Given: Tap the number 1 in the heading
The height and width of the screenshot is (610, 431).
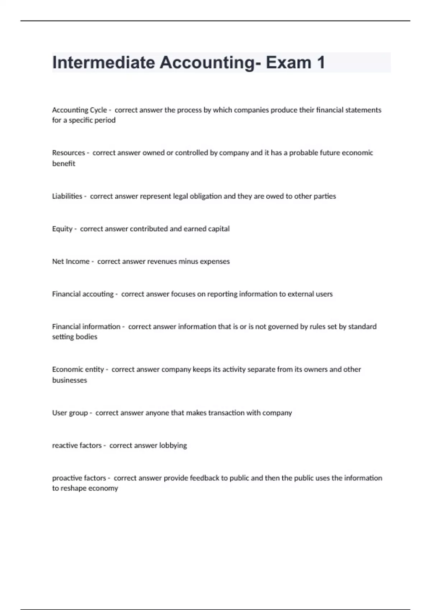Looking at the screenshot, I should coord(320,62).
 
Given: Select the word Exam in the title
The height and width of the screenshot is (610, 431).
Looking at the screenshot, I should coord(288,62).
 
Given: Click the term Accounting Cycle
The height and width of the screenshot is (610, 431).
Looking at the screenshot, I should coord(79,110).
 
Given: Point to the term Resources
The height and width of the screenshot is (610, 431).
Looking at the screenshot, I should coord(68,153).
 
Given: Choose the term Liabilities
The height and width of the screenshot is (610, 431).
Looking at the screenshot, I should coord(67,196).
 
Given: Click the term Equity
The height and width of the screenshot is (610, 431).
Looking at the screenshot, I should coord(62,229).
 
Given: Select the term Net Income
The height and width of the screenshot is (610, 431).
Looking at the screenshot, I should coord(71,262).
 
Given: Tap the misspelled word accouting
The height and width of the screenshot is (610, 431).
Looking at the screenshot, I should coord(98,294).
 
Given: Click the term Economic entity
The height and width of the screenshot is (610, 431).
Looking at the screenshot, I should coord(78,370).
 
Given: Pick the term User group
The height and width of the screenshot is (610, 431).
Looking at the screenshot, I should coord(70,413).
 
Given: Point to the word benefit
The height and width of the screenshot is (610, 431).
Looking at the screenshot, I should coord(64,164).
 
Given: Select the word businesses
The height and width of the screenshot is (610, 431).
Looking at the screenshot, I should coord(69,380).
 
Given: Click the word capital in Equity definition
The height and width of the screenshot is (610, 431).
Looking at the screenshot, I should coord(219,229).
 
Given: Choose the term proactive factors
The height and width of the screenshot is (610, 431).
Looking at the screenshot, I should coord(79,478).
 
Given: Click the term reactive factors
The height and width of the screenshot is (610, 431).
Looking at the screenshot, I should coord(77,446).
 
